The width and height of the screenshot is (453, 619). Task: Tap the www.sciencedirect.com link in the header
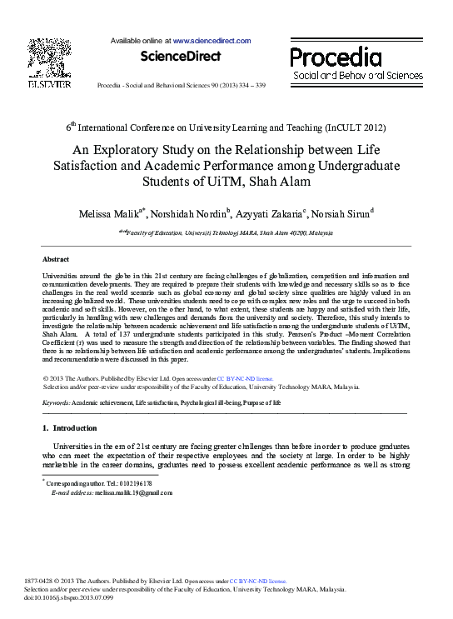pyautogui.click(x=212, y=40)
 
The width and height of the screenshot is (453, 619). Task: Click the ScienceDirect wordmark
pyautogui.click(x=181, y=57)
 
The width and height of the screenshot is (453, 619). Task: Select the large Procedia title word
pyautogui.click(x=336, y=57)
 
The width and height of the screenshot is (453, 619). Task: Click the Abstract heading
pyautogui.click(x=55, y=260)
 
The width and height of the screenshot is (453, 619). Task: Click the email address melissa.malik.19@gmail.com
pyautogui.click(x=132, y=492)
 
